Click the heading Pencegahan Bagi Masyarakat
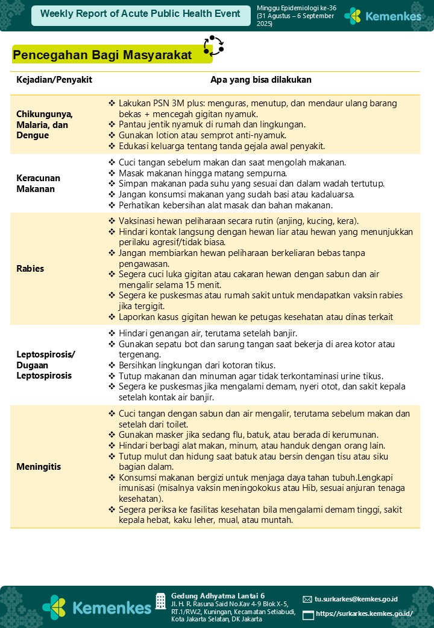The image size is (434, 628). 102,56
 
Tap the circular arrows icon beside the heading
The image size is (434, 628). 213,46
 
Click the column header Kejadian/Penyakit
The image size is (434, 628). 54,80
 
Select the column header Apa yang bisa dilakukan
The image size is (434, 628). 261,80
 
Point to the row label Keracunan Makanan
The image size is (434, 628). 39,184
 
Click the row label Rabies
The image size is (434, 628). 30,269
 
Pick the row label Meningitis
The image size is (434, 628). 39,467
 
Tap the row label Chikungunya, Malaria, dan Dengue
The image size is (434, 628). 45,125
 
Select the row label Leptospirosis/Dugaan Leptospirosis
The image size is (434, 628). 46,364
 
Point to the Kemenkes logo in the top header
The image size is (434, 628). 383,16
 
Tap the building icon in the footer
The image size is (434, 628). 160,601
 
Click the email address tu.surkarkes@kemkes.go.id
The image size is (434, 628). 356,599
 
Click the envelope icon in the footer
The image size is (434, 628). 307,600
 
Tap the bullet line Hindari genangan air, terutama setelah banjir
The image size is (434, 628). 208,333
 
